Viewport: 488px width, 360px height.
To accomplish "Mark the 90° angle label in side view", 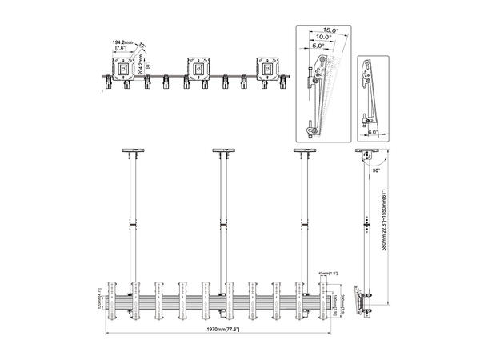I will click(375, 170).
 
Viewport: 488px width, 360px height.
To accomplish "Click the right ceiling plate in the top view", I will click(269, 67).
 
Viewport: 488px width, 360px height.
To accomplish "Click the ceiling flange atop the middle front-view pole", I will click(223, 151).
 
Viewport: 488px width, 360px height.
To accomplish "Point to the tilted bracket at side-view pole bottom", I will click(369, 302).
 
